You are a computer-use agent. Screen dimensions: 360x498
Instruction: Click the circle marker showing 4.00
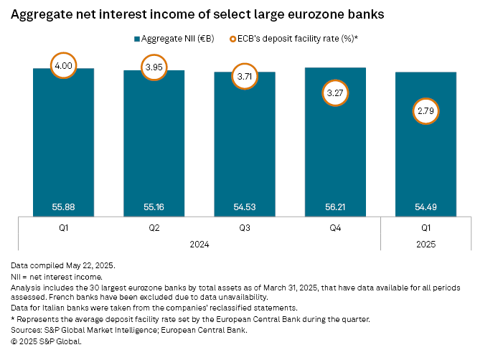[x=63, y=67]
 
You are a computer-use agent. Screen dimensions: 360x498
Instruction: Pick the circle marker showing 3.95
[x=154, y=69]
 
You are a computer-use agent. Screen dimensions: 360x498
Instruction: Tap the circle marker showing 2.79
[x=426, y=112]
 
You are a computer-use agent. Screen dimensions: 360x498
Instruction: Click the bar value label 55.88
[x=63, y=207]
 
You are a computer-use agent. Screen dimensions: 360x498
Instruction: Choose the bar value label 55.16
[x=154, y=207]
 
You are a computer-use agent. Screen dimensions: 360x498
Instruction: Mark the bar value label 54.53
[x=245, y=207]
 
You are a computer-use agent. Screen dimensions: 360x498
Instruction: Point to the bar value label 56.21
[x=335, y=207]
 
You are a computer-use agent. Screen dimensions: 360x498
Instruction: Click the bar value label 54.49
[x=426, y=207]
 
